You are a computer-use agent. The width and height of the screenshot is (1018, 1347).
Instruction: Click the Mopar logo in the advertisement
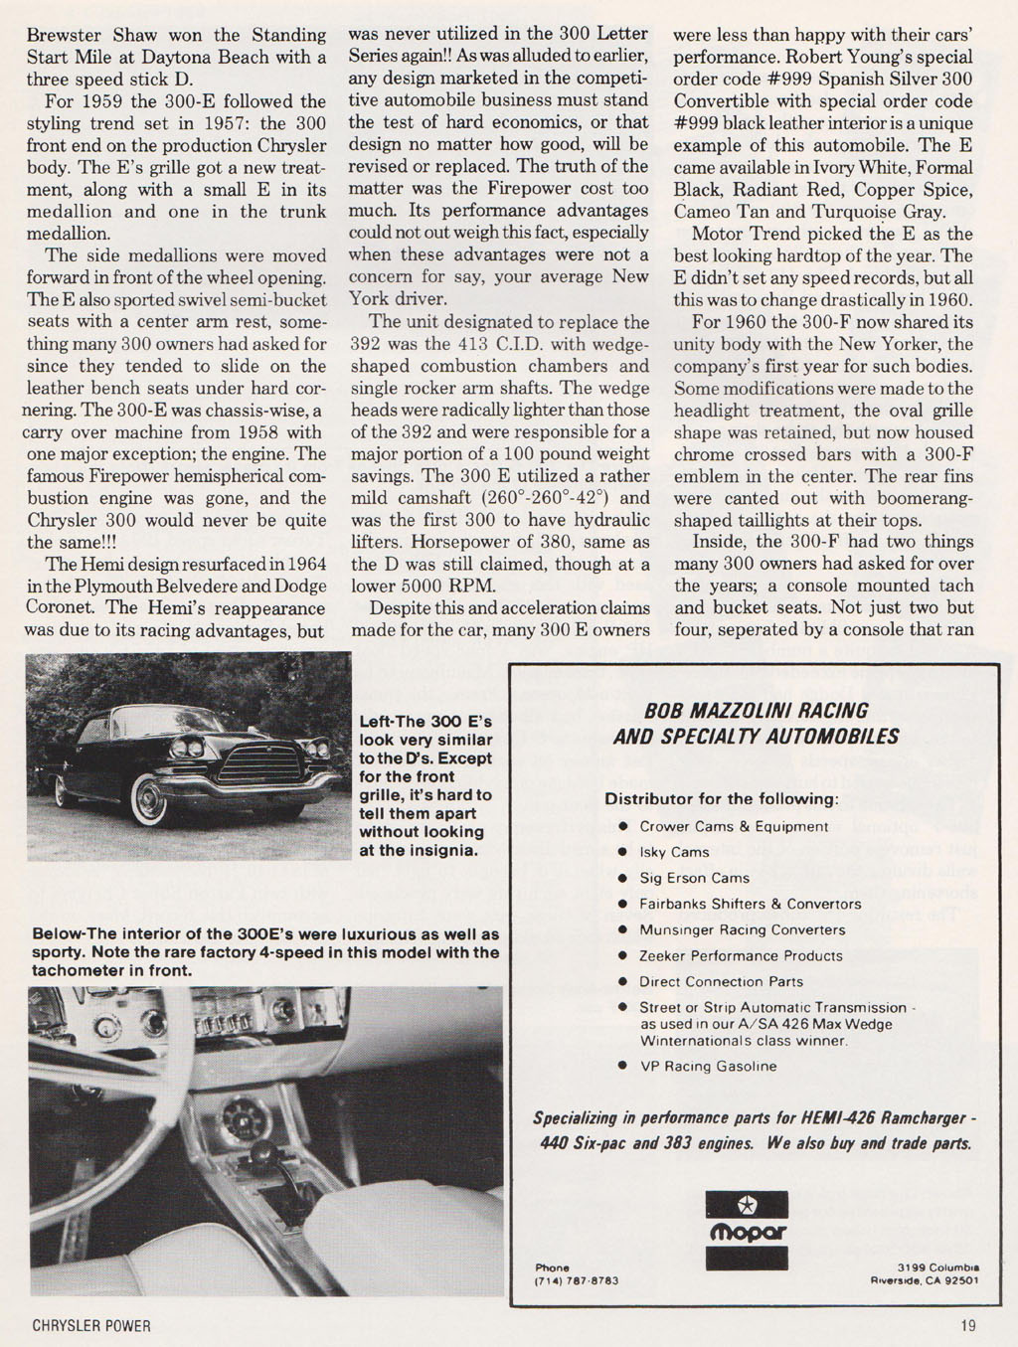(x=746, y=1230)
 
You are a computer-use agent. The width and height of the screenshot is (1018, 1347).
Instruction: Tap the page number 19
(x=968, y=1325)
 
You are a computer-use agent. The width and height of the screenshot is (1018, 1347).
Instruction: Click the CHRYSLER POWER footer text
(x=91, y=1325)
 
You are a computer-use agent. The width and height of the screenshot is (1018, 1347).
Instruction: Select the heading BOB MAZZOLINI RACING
(x=756, y=711)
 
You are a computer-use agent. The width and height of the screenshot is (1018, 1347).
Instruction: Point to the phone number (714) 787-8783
(x=577, y=1280)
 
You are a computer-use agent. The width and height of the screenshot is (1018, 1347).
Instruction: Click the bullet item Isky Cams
(x=674, y=852)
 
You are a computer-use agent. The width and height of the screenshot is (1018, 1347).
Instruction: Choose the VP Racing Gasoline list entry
(x=708, y=1066)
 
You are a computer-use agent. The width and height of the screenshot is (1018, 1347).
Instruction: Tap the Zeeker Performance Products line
(x=741, y=955)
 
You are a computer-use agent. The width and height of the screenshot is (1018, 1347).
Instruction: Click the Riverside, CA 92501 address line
(x=924, y=1280)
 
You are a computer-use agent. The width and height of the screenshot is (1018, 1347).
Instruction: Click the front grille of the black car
(x=260, y=763)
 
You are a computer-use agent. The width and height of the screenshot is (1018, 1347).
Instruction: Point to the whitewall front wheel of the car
(x=150, y=798)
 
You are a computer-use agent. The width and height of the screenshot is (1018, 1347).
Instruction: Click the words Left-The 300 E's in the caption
(x=424, y=722)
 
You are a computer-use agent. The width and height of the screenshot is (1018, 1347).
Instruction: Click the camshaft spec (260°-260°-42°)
(x=552, y=498)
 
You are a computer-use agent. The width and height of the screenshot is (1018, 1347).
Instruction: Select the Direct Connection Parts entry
(x=721, y=981)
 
